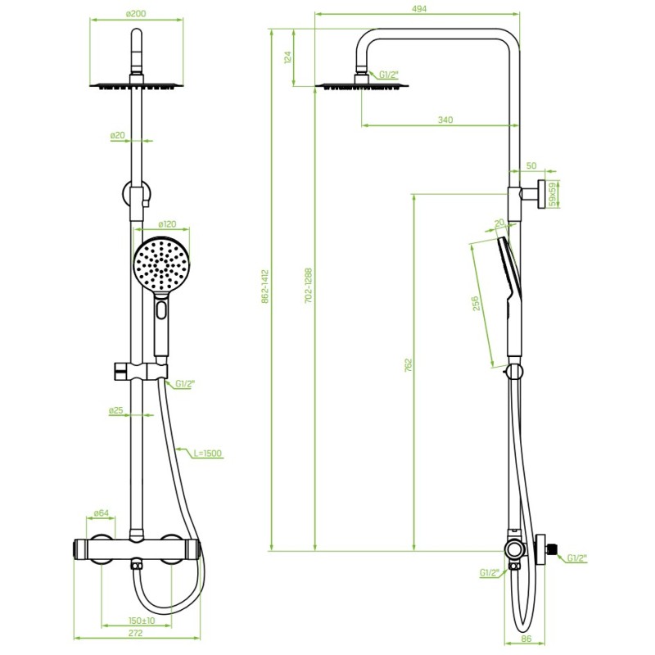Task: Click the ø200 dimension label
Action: point(136,14)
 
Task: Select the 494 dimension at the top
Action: point(418,8)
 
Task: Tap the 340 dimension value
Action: point(445,120)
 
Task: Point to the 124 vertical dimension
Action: point(287,57)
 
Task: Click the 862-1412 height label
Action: point(264,287)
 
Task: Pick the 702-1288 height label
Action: point(309,286)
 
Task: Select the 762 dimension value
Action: point(409,364)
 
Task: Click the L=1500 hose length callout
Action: point(208,454)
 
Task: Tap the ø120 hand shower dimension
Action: point(167,224)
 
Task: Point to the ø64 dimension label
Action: point(101,513)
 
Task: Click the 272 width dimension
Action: point(135,633)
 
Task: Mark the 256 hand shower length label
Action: point(476,304)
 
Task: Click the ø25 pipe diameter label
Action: point(116,411)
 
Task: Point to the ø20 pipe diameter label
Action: point(118,135)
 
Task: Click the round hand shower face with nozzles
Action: point(161,264)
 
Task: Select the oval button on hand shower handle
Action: point(161,310)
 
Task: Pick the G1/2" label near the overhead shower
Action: point(389,75)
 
